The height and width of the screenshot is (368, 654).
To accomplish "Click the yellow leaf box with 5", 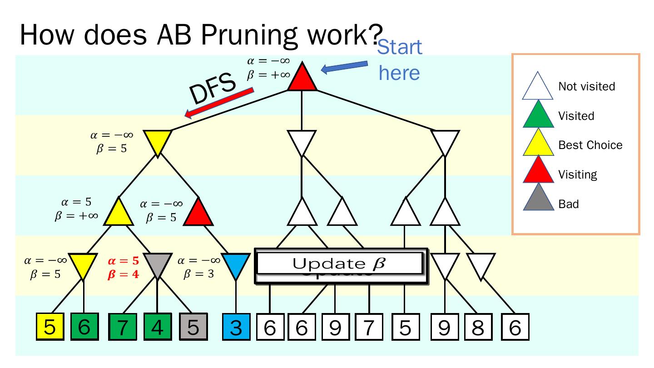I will (x=50, y=327).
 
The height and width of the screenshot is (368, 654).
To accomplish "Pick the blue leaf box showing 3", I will (x=235, y=327).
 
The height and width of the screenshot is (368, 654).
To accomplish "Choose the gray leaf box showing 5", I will (x=193, y=327).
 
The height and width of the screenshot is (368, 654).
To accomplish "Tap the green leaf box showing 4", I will (x=157, y=327).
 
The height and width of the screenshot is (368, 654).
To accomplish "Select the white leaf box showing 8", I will (x=478, y=327).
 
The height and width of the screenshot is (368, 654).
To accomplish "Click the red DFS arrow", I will (x=218, y=103).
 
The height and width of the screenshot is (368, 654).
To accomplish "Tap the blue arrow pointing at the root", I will (x=344, y=67).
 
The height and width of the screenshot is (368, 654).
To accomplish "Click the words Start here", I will (x=400, y=60).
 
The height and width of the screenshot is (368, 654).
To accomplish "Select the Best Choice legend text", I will (x=590, y=145).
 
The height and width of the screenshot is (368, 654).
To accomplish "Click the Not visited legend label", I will (x=586, y=87).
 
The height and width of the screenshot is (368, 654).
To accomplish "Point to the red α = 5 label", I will (x=123, y=261).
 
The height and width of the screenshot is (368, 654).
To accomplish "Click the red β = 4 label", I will (x=123, y=274).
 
